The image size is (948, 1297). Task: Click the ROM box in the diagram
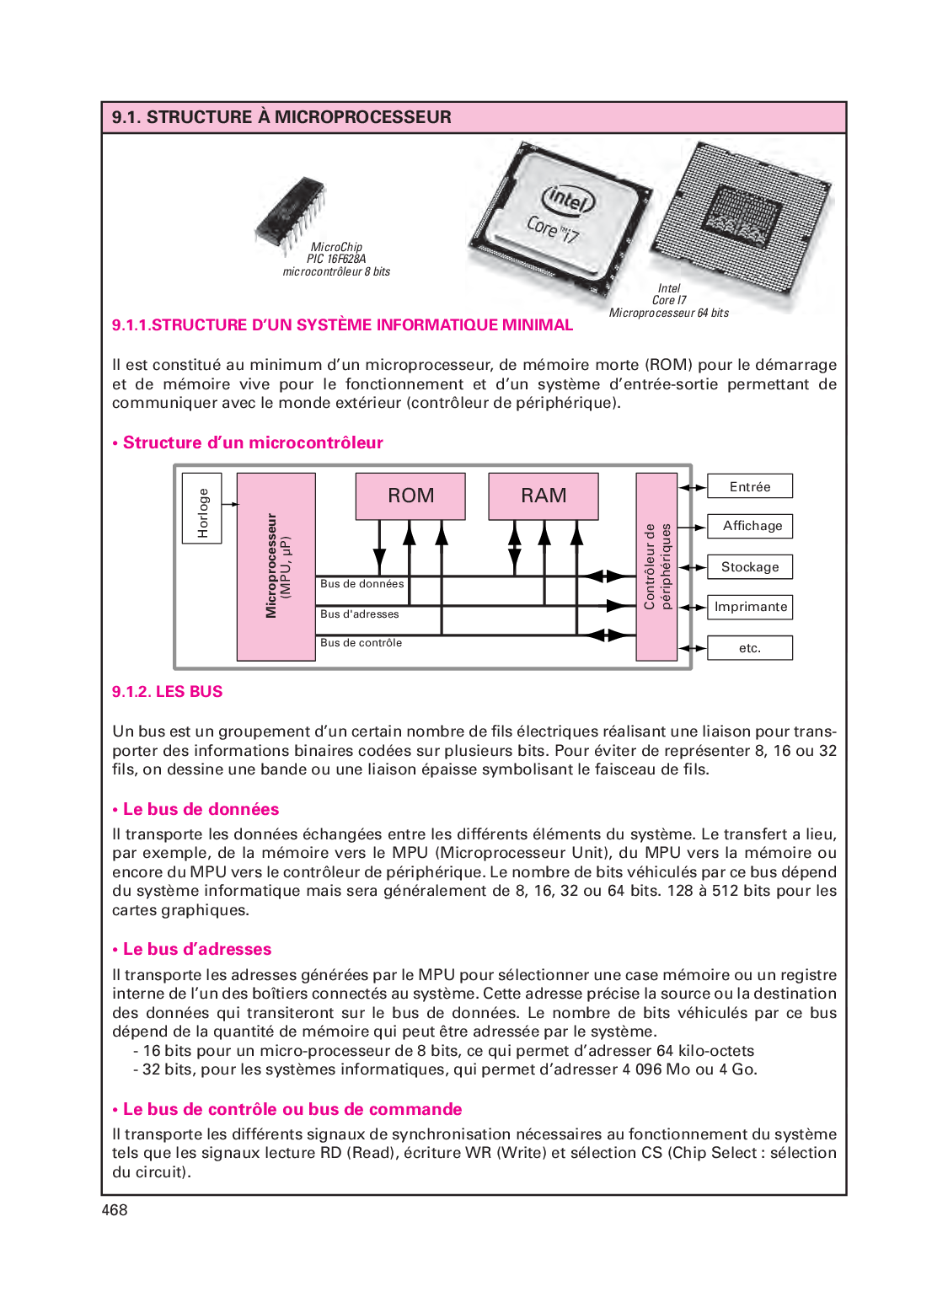tap(410, 496)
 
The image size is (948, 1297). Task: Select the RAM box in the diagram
tap(544, 496)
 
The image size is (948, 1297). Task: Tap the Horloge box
tap(202, 508)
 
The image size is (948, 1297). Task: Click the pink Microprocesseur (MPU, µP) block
tap(276, 566)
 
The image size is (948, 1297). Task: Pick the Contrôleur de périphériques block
tap(656, 566)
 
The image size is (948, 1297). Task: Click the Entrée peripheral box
tap(750, 486)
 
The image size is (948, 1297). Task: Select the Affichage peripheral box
tap(750, 526)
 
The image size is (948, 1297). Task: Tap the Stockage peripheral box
tap(750, 567)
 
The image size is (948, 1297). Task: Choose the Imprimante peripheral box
tap(750, 607)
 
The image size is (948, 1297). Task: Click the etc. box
tap(750, 647)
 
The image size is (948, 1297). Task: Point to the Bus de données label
tap(362, 584)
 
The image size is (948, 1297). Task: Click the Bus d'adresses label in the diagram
tap(360, 614)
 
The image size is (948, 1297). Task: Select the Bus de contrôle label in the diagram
tap(361, 643)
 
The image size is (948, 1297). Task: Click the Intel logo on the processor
tap(569, 200)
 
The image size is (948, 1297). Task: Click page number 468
tap(115, 1210)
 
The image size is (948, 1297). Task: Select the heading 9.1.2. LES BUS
tap(167, 692)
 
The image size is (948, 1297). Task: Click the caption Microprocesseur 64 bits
tap(668, 314)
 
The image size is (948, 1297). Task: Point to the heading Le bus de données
tap(201, 810)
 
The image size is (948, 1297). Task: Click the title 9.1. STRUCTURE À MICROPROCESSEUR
tap(281, 117)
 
